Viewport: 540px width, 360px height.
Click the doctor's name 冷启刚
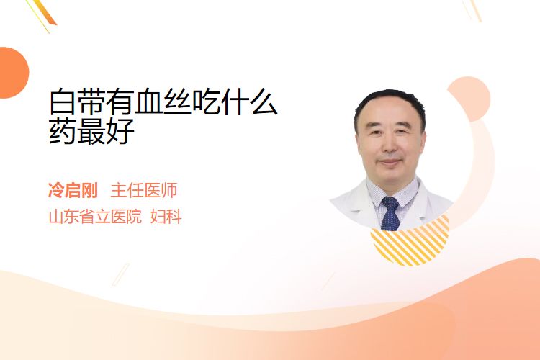[73, 191]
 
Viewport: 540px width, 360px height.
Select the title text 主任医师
[144, 191]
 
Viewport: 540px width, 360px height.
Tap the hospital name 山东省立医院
[95, 217]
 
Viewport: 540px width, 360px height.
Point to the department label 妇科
[166, 217]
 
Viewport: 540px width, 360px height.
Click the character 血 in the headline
[148, 102]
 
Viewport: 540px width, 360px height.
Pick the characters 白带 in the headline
[77, 102]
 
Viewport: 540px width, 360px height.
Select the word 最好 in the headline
[106, 131]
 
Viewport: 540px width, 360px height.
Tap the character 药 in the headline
[63, 131]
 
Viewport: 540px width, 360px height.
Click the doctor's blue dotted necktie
[390, 213]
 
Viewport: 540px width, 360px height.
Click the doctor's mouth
[390, 162]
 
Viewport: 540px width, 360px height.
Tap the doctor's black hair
[390, 104]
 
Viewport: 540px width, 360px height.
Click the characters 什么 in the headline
[249, 102]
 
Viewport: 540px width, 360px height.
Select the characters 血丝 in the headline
[163, 102]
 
